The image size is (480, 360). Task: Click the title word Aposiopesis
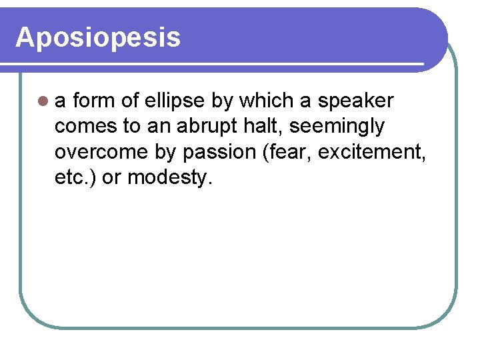pyautogui.click(x=98, y=37)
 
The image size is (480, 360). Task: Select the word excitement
pyautogui.click(x=372, y=152)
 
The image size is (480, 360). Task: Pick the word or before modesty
pyautogui.click(x=111, y=178)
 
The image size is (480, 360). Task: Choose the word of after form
pyautogui.click(x=131, y=101)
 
